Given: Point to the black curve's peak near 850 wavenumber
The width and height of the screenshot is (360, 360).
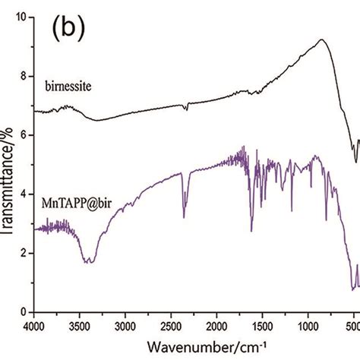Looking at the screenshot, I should point(322,39).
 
